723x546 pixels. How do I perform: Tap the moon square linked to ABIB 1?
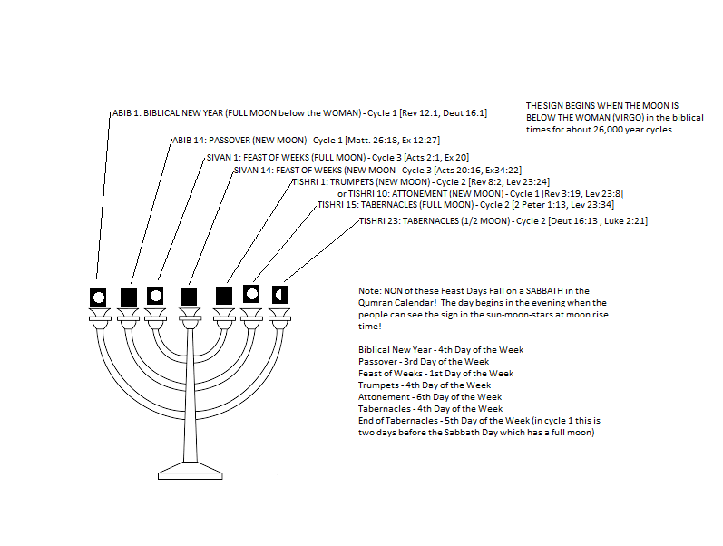point(98,296)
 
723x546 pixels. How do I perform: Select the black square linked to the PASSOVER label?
point(129,297)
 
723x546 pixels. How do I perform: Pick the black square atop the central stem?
point(190,296)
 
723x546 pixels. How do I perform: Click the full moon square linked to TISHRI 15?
point(251,294)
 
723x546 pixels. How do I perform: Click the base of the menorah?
point(190,471)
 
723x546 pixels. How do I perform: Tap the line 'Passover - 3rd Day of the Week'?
point(423,361)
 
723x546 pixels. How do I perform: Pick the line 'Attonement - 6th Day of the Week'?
point(430,396)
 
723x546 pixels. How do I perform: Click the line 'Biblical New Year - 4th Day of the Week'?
point(441,349)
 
